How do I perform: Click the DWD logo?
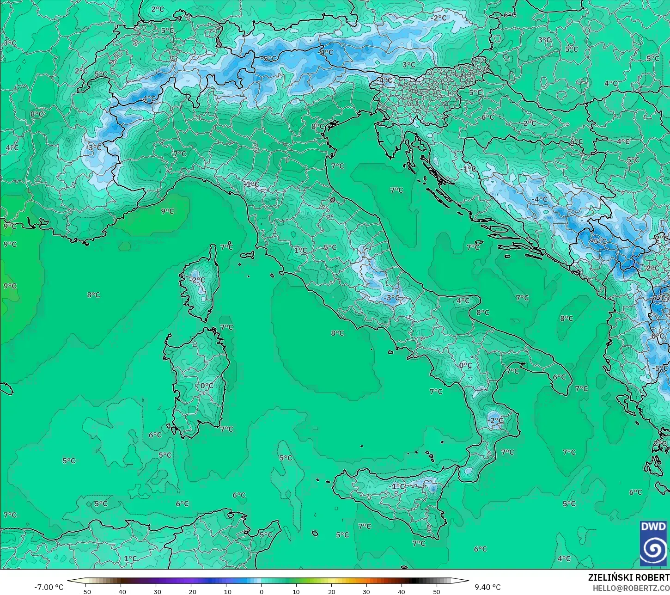pyautogui.click(x=654, y=543)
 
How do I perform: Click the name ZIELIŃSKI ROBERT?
pyautogui.click(x=628, y=577)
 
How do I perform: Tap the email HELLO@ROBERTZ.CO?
pyautogui.click(x=631, y=588)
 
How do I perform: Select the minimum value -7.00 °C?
pyautogui.click(x=49, y=587)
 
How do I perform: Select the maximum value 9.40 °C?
pyautogui.click(x=487, y=587)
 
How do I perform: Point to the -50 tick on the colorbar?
pyautogui.click(x=85, y=591)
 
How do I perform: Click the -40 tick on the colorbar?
pyautogui.click(x=121, y=591)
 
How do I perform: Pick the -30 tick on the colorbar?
pyautogui.click(x=156, y=591)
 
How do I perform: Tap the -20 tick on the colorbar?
pyautogui.click(x=191, y=591)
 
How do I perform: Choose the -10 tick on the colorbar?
pyautogui.click(x=226, y=591)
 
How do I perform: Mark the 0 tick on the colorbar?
pyautogui.click(x=261, y=591)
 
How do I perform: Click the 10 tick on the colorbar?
pyautogui.click(x=296, y=591)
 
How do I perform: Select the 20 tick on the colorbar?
pyautogui.click(x=331, y=591)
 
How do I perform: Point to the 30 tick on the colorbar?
pyautogui.click(x=366, y=591)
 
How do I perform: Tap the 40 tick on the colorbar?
pyautogui.click(x=402, y=591)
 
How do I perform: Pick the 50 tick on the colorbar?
pyautogui.click(x=437, y=591)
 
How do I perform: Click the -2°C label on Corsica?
pyautogui.click(x=197, y=280)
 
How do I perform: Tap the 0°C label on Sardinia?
pyautogui.click(x=207, y=386)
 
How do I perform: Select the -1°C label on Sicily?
pyautogui.click(x=397, y=486)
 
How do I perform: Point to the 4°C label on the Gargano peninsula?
pyautogui.click(x=463, y=301)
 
